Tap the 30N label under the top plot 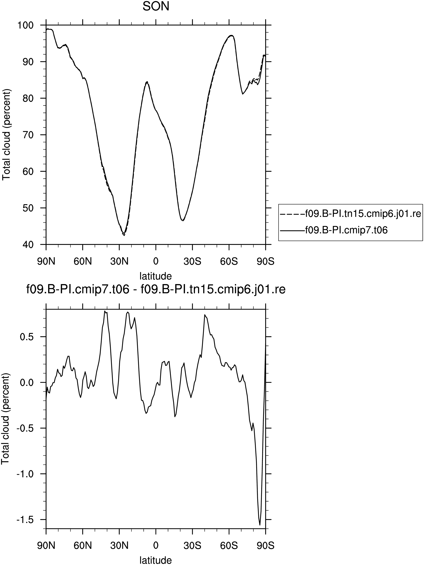tap(119, 262)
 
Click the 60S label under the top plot tap(229, 262)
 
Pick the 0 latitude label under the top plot tap(156, 262)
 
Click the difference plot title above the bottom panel tap(156, 290)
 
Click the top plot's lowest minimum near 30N tap(124, 235)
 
